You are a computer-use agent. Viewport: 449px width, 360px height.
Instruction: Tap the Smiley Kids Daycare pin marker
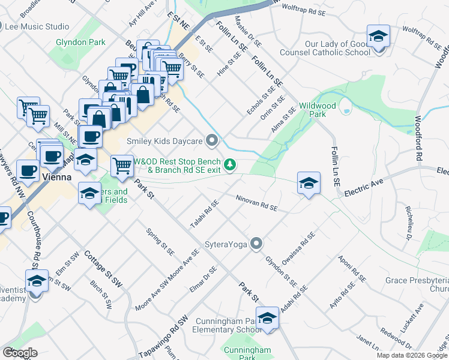(x=211, y=141)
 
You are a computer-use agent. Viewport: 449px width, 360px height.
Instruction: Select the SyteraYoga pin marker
(x=257, y=244)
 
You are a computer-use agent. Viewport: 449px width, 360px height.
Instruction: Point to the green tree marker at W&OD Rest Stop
(x=229, y=164)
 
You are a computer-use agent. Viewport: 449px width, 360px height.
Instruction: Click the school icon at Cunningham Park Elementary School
(x=267, y=317)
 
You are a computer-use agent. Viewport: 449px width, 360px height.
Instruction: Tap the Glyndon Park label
(x=80, y=42)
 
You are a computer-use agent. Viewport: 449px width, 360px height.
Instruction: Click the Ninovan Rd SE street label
(x=256, y=202)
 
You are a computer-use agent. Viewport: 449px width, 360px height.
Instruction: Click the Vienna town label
(x=58, y=178)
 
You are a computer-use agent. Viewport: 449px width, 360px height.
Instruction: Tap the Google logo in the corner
(x=20, y=353)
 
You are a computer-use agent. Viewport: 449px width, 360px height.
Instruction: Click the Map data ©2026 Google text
(x=412, y=355)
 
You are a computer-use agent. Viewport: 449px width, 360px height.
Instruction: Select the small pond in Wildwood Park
(x=345, y=108)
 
